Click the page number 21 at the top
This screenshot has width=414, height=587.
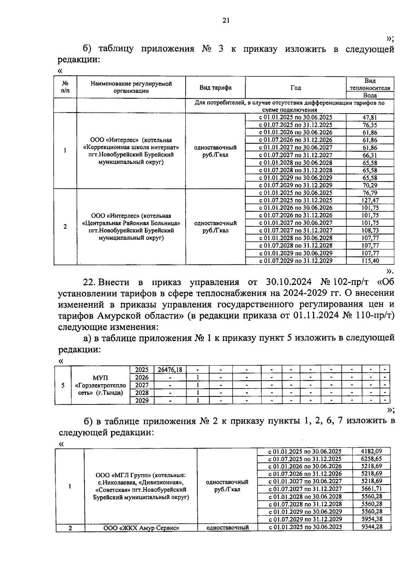[226, 21]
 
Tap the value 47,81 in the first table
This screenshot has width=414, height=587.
[369, 118]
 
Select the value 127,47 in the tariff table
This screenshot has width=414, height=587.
[369, 200]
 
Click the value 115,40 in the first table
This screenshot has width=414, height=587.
[369, 261]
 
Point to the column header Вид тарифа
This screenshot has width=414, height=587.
[215, 88]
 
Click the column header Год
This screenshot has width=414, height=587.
[295, 88]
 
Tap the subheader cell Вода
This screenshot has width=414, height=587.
[369, 95]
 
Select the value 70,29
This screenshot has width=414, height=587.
[369, 185]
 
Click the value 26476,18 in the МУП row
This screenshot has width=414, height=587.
[170, 370]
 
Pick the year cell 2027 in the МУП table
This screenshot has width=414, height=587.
[141, 385]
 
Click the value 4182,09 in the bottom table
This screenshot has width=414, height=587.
[371, 451]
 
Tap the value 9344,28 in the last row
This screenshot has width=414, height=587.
[371, 527]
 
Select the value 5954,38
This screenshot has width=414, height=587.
[371, 519]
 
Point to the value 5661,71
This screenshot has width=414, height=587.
[371, 489]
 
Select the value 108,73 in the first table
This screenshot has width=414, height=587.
[369, 231]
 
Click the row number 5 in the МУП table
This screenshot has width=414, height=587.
[63, 385]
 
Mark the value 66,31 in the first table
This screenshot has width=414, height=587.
[369, 155]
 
